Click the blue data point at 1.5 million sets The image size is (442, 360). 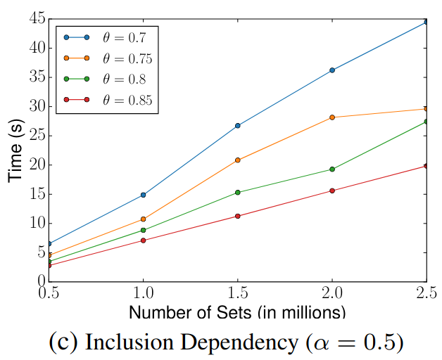[238, 126]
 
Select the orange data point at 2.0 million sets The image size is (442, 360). [332, 117]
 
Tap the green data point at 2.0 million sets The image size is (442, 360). [332, 169]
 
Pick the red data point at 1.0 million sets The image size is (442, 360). [144, 240]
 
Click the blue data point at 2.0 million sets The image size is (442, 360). [332, 70]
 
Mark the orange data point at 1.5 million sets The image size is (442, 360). [238, 160]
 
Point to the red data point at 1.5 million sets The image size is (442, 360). [238, 216]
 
